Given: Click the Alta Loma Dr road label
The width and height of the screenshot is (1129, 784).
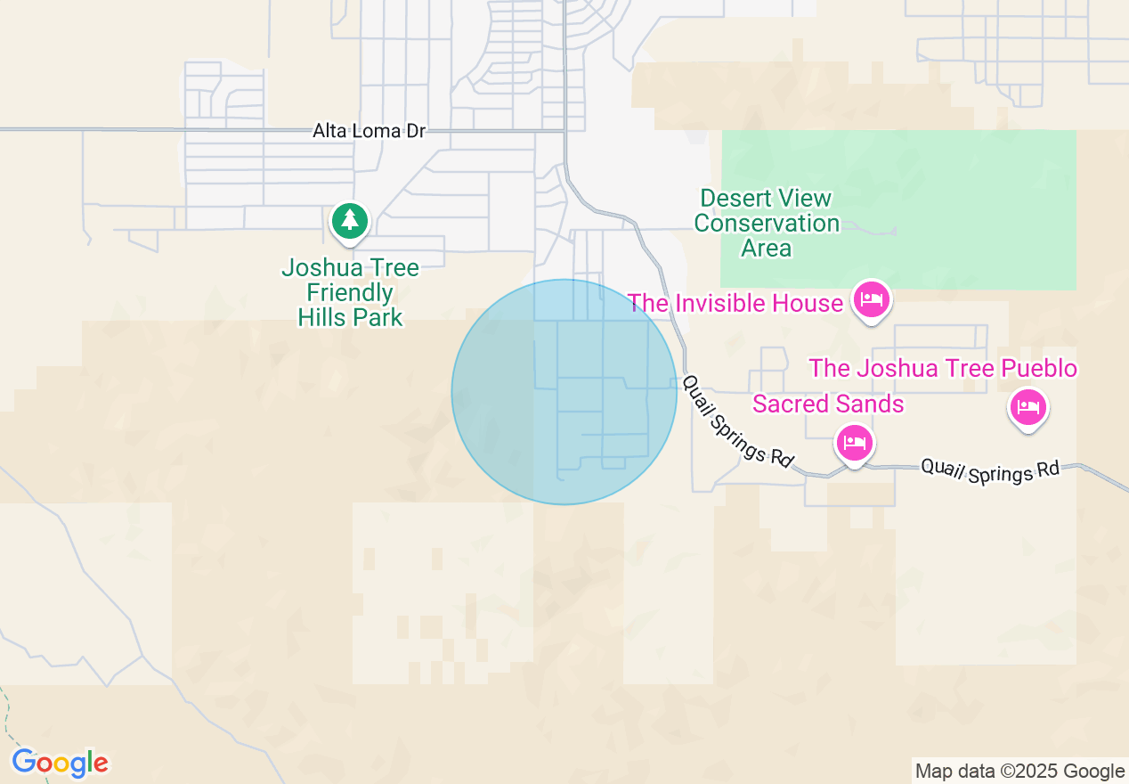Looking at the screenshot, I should coord(369,131).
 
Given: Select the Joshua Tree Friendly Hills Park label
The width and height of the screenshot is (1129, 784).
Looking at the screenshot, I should coord(350,292).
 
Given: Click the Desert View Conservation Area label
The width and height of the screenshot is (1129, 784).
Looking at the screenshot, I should coord(766,223).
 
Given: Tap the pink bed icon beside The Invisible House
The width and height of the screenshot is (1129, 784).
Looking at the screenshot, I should coord(871,299).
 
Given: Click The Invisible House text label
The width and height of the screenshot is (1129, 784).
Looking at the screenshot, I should coord(735,303).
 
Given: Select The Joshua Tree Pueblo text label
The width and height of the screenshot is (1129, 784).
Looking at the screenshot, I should coord(943,368).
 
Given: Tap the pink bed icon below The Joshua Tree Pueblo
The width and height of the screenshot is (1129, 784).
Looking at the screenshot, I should coord(1028,408).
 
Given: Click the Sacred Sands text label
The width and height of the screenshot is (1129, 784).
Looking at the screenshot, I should coord(828,404).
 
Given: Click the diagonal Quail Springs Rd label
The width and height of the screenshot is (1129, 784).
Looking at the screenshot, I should coord(737,421).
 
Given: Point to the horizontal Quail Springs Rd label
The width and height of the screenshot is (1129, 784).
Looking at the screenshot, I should coord(990,470).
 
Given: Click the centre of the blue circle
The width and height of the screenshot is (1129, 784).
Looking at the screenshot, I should coord(564,392).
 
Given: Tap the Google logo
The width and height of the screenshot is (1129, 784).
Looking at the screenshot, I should coord(60,763).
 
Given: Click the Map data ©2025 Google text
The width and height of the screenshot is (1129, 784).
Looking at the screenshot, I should coord(1020,772).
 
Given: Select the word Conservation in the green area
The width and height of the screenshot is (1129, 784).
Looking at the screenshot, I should coord(766,223).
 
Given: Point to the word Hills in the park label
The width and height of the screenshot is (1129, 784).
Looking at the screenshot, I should coord(326,316).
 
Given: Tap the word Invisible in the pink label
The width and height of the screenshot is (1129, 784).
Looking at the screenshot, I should coord(734,303).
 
